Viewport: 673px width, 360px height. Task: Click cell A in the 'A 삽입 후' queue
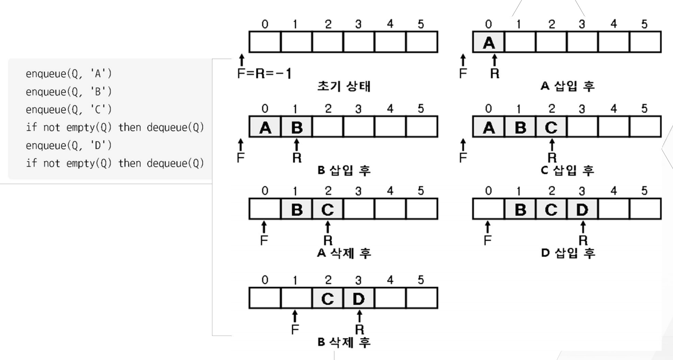[488, 42]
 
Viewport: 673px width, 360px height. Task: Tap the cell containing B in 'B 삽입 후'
[296, 127]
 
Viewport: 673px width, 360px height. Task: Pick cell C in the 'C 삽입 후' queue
[552, 127]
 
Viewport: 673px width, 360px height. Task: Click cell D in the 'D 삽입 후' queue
[583, 210]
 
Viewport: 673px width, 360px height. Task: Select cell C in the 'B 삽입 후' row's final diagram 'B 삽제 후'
[327, 298]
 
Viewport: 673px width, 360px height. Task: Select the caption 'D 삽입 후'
[568, 253]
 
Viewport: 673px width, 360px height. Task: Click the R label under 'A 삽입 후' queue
[495, 73]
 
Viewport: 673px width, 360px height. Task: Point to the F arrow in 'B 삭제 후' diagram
[295, 315]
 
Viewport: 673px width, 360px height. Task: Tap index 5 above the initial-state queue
[421, 24]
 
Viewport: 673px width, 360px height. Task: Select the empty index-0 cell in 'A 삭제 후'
[264, 210]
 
